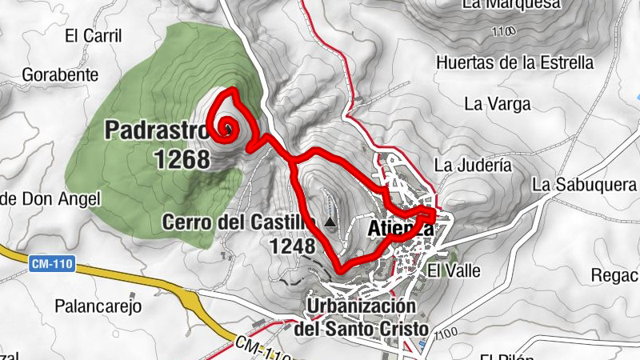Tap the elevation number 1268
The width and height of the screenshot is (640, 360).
pos(182,158)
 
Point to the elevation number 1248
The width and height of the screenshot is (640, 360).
pos(292,246)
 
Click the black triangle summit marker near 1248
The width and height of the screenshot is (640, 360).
pos(330,222)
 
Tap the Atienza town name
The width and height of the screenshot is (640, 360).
pos(400,230)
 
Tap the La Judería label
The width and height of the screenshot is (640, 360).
pos(472,166)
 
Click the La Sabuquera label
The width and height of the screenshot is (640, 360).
pos(583,185)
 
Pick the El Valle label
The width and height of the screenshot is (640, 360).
pos(454,270)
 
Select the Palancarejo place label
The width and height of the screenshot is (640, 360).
pos(98,306)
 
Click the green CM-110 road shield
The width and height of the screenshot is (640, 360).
pos(51,262)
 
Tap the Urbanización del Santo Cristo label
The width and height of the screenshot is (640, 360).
pos(362,318)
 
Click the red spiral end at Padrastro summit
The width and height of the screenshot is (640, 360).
pos(230,129)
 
